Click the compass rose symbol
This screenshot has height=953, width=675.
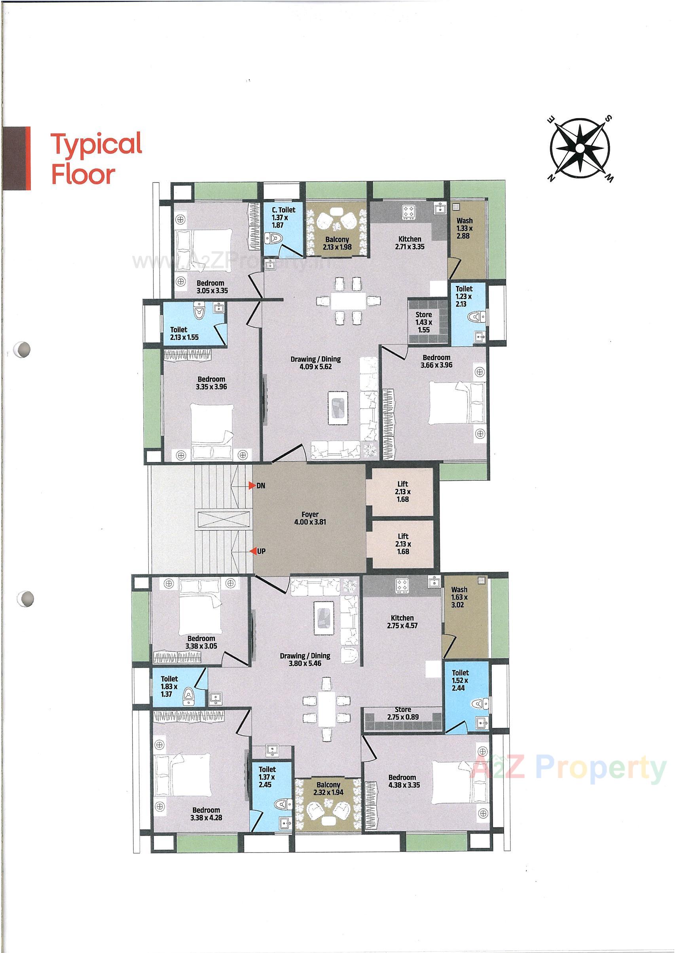click(x=580, y=149)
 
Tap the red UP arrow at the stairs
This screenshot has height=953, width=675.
click(x=252, y=551)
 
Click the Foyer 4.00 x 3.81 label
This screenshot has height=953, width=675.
click(x=310, y=518)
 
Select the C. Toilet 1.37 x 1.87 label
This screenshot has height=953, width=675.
click(x=283, y=217)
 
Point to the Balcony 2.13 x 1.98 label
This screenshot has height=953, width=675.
click(x=337, y=243)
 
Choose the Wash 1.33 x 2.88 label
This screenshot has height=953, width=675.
click(x=464, y=228)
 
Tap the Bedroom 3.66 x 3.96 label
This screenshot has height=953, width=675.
click(x=436, y=361)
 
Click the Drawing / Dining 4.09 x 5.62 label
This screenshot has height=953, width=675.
click(x=315, y=362)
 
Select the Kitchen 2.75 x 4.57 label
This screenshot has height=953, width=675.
click(x=402, y=621)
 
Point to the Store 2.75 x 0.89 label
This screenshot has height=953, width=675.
click(x=403, y=713)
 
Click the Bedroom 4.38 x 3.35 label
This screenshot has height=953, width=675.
click(x=402, y=781)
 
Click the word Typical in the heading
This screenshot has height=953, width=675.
click(x=96, y=143)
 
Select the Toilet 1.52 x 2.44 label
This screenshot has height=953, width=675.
click(x=460, y=680)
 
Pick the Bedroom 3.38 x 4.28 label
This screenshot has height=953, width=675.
click(x=206, y=814)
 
